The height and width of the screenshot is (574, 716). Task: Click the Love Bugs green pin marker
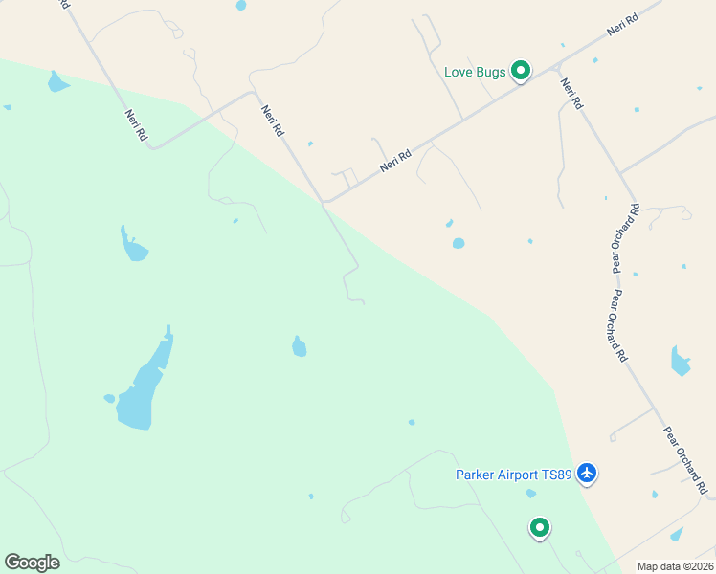coord(521,71)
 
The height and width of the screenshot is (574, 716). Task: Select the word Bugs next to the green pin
coord(491,73)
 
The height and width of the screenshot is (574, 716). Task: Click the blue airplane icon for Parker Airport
coord(587,473)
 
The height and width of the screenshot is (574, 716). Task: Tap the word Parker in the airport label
coord(474,474)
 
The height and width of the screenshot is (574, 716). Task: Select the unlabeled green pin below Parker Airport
coord(540,527)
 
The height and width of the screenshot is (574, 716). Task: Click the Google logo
coord(32,563)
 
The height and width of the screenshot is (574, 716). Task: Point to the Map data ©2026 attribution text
coord(675,566)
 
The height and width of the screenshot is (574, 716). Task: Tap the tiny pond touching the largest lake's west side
coord(110,398)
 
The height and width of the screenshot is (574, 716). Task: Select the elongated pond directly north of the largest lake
coord(133,247)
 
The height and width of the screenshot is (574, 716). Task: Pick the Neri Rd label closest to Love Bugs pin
coord(571,93)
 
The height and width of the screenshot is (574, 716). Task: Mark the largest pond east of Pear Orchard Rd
coord(680,362)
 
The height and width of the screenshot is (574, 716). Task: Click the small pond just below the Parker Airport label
coord(530,494)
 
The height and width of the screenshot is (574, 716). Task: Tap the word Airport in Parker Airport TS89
coord(518,474)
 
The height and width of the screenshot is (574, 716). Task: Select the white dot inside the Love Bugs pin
coord(521,69)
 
